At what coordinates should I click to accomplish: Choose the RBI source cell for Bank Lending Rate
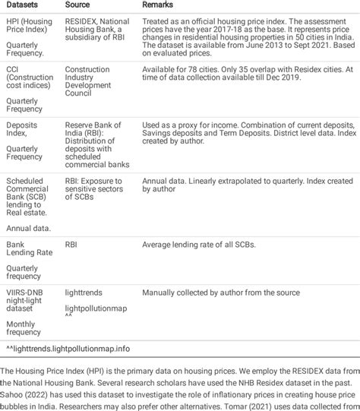point(71,245)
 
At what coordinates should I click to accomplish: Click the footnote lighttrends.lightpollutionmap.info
point(68,348)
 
